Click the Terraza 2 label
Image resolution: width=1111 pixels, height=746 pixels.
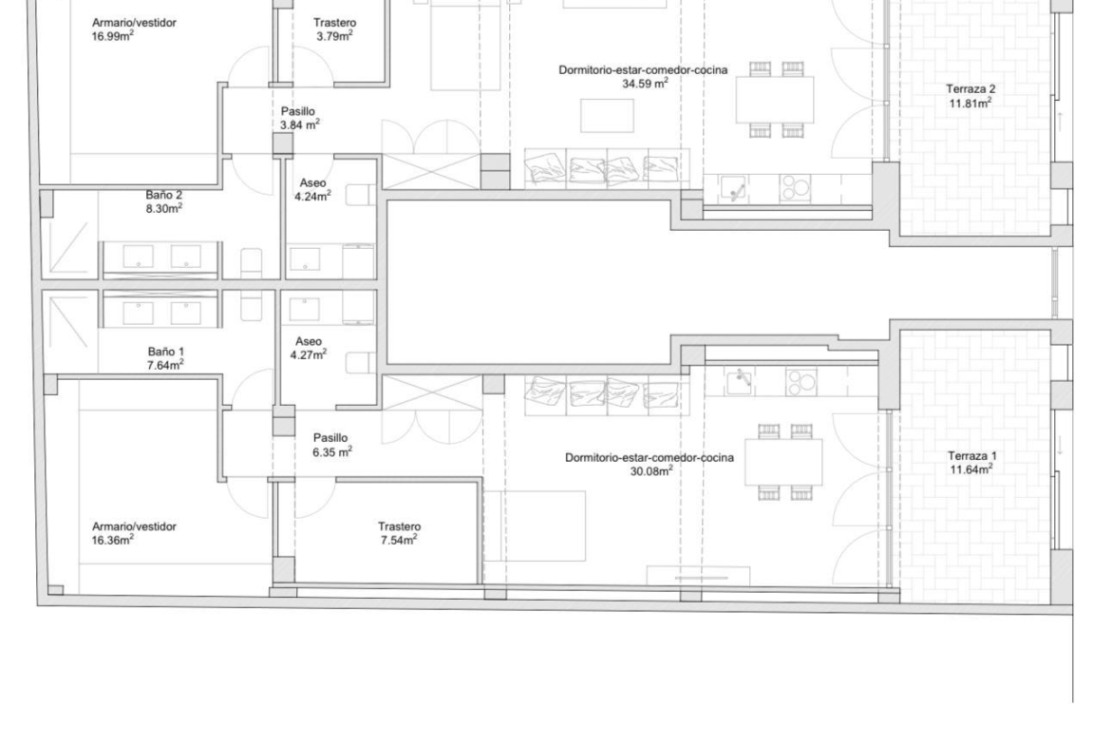click(970, 96)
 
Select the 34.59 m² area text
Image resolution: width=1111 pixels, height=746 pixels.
click(645, 84)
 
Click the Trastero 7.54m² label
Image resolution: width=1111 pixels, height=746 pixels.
click(399, 533)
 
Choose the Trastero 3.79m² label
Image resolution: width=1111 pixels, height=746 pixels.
click(334, 29)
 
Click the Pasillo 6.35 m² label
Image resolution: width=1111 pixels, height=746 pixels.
click(331, 445)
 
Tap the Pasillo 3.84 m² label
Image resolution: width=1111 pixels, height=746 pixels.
click(299, 118)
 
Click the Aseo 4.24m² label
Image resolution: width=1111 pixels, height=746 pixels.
click(312, 189)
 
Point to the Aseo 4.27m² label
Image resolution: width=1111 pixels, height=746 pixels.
click(309, 348)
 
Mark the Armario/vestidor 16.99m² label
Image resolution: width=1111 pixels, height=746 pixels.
click(134, 29)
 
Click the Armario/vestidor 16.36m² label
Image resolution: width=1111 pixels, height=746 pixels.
click(134, 533)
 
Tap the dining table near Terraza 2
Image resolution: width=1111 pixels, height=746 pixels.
click(775, 99)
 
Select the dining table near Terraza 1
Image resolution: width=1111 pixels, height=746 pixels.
click(783, 462)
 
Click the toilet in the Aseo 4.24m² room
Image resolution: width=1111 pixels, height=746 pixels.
click(361, 195)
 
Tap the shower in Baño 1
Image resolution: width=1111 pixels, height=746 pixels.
click(70, 331)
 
